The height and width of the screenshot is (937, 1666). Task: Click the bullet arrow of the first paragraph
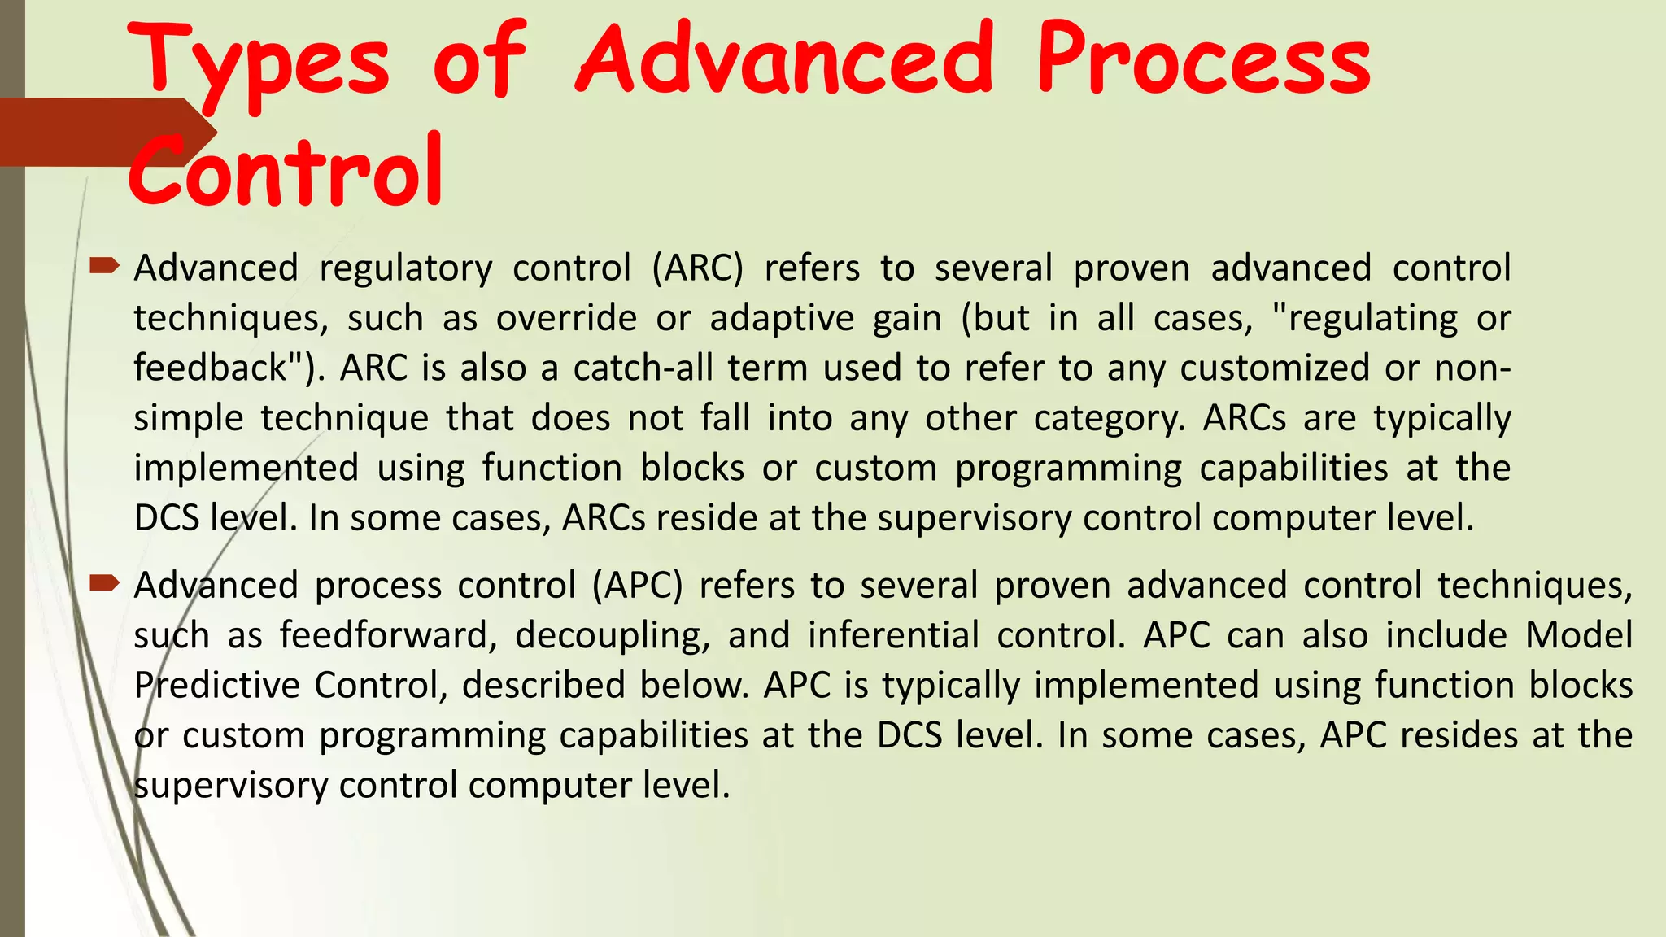point(104,265)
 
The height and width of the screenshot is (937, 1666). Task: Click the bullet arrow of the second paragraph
point(104,582)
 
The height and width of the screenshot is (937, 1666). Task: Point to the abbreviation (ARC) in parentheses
point(697,268)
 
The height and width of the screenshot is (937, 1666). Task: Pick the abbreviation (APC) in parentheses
point(637,586)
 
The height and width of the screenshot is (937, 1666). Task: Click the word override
point(566,318)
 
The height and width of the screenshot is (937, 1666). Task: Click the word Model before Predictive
point(1578,635)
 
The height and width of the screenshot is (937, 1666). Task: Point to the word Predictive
point(215,685)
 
